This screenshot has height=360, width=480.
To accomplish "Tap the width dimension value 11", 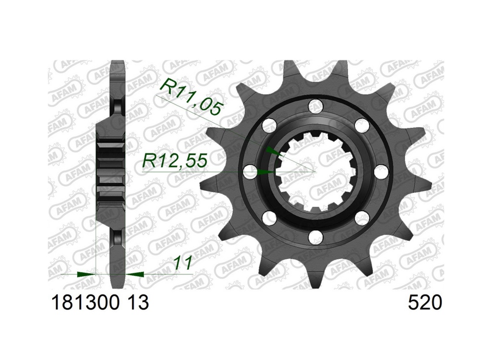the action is tap(182, 263).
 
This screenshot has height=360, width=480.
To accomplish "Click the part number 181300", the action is tap(86, 302).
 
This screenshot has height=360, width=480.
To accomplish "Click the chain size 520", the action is tap(425, 302).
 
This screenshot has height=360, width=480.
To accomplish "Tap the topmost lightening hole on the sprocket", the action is tap(316, 107).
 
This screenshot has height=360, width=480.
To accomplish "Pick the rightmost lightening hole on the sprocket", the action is tap(381, 171).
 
